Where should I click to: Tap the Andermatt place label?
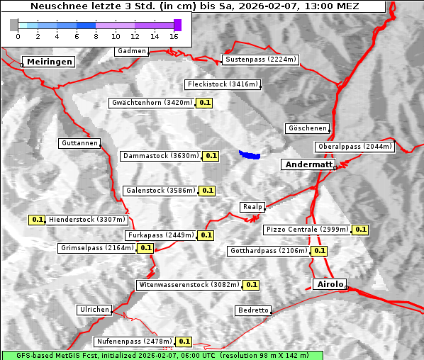click(308, 164)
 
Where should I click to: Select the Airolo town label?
click(330, 284)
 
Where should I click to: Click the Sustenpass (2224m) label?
click(261, 60)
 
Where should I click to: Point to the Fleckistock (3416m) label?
click(222, 85)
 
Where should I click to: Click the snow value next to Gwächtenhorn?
click(205, 103)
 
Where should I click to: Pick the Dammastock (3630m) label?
click(160, 156)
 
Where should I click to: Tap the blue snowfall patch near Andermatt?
click(250, 154)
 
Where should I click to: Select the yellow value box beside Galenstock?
click(207, 191)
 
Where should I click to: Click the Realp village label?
click(252, 207)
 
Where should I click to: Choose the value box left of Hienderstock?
click(37, 220)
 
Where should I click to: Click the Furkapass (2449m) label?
click(160, 235)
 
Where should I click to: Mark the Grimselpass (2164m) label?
click(96, 248)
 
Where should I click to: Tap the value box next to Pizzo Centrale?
click(361, 230)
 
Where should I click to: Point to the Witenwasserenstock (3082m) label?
click(189, 285)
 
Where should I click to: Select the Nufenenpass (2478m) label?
click(134, 342)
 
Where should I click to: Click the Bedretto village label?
click(253, 310)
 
